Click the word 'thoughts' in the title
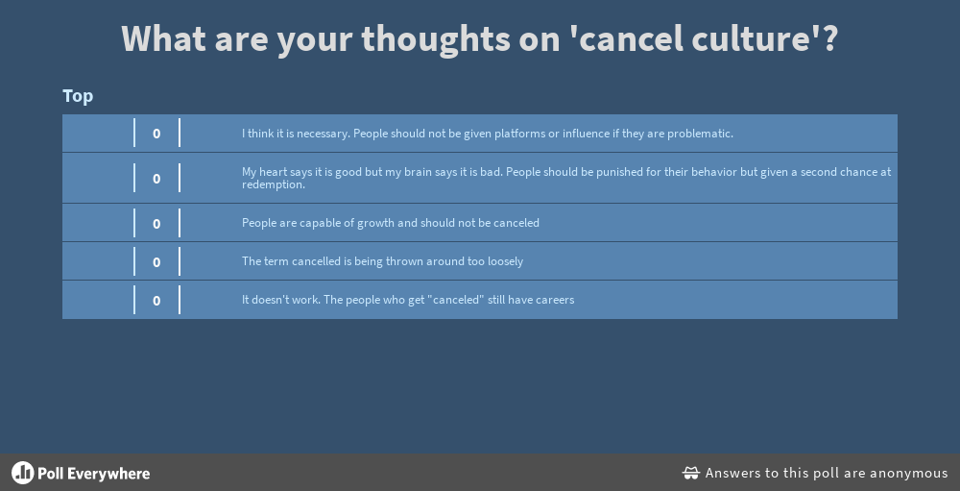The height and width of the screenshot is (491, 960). tap(435, 38)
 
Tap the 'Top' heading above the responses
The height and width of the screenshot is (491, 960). tap(78, 96)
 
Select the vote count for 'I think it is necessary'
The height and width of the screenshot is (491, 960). tap(156, 133)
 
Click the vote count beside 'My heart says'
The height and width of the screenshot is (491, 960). tap(156, 179)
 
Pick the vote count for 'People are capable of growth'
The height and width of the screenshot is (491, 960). tap(156, 224)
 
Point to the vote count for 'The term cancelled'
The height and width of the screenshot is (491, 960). tap(156, 262)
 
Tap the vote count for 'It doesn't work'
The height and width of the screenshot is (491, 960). tap(156, 301)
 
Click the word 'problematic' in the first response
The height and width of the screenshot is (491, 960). tap(700, 134)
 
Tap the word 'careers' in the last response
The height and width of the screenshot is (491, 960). tap(555, 301)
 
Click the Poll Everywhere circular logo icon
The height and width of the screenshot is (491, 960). tap(23, 473)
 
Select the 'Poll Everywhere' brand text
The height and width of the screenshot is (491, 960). tap(94, 473)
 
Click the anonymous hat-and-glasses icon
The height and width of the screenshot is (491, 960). tap(691, 473)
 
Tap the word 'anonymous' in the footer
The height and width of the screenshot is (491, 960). tap(909, 473)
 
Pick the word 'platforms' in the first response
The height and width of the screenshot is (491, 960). tap(519, 134)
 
